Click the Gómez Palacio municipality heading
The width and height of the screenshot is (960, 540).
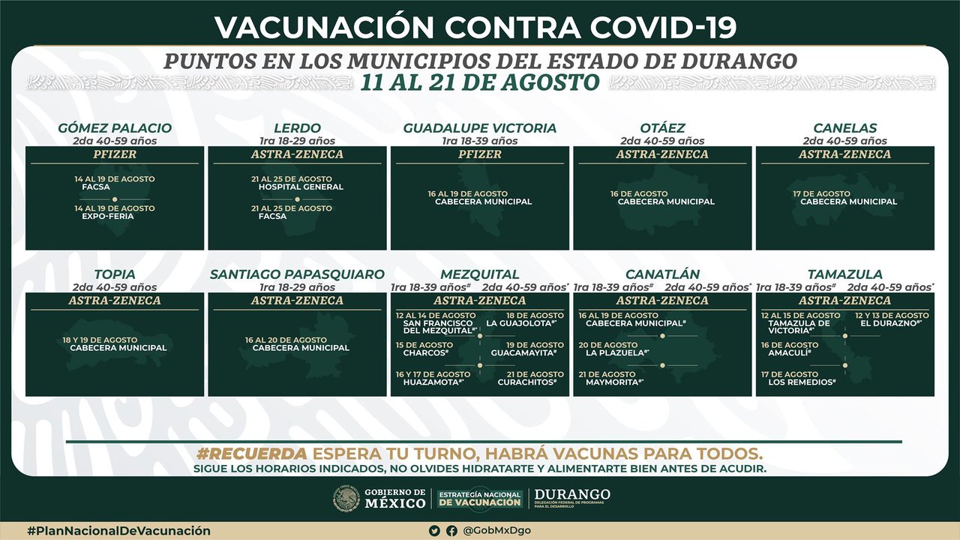coord(115,128)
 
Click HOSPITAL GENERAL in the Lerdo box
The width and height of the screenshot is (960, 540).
coord(301,187)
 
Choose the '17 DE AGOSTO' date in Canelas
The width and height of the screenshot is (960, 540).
coord(821,193)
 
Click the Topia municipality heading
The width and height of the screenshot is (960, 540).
coord(115,274)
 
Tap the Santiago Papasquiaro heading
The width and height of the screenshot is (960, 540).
coord(297,274)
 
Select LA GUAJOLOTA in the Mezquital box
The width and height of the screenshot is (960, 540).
coord(521,323)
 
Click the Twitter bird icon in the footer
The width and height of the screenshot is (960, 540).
coord(435,531)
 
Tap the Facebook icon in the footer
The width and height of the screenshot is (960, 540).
coord(451,531)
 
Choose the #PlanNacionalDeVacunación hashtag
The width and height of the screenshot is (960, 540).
coord(118,531)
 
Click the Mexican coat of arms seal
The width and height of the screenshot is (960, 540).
coord(346,498)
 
